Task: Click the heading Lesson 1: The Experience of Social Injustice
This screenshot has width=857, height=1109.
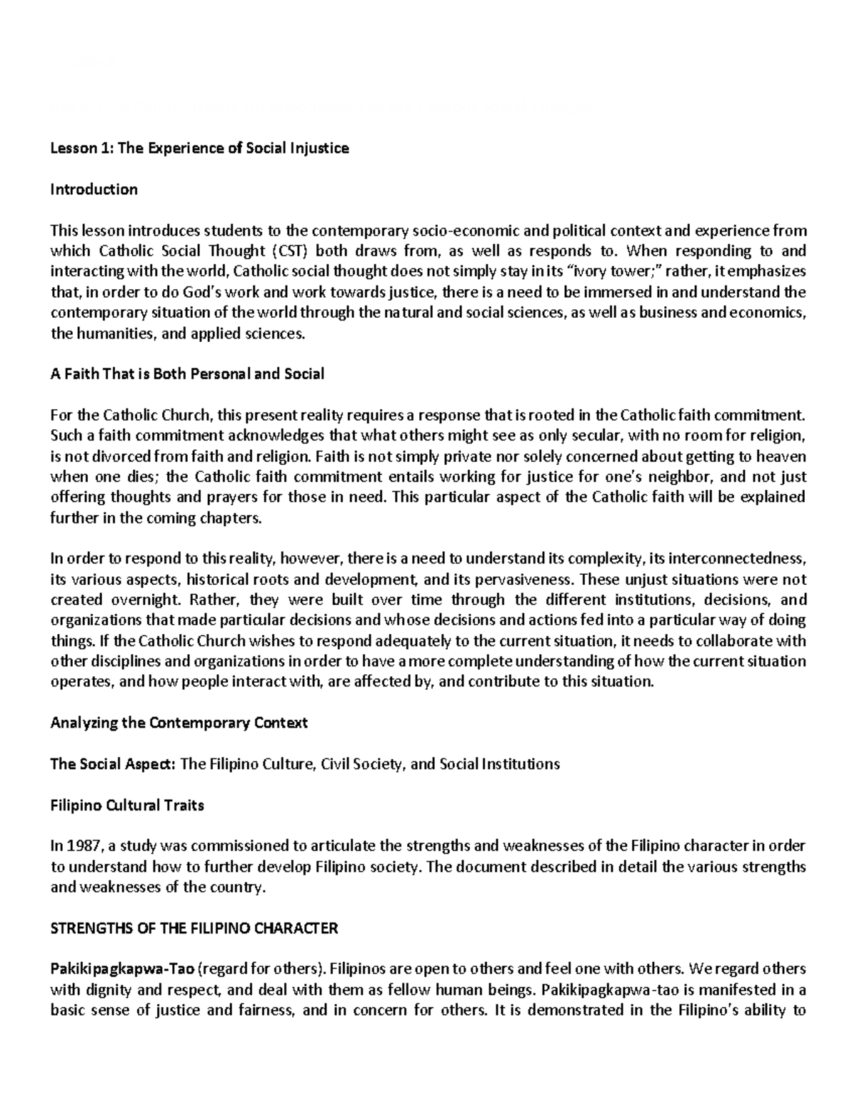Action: (x=199, y=149)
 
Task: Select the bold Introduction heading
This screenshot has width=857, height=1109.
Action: (x=94, y=189)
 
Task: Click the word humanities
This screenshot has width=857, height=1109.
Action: (x=108, y=333)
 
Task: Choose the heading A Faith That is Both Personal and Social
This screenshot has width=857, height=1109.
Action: (x=187, y=373)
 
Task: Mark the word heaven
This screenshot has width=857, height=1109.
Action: (x=781, y=456)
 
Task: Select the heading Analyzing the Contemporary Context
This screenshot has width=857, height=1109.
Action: (x=179, y=723)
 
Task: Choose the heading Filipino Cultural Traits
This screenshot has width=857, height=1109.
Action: (x=127, y=805)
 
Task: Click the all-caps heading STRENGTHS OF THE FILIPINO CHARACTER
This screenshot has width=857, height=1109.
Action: (x=194, y=928)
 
